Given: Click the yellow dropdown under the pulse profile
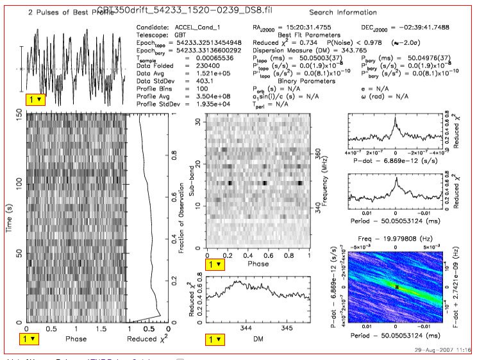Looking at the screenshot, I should pos(35,99).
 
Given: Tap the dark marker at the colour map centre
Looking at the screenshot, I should pos(397,287).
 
